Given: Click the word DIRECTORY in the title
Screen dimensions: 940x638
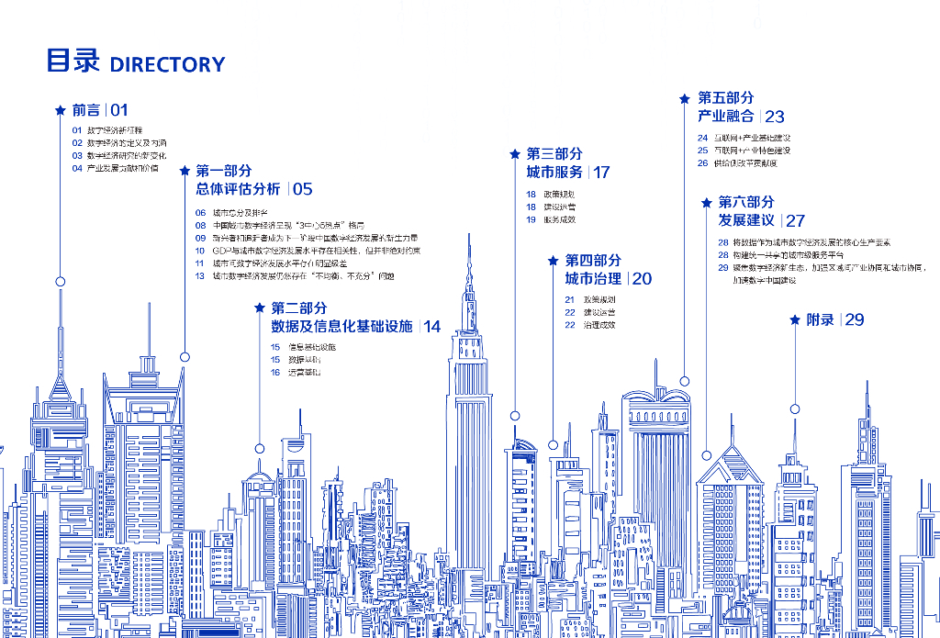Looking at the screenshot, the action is [x=167, y=64].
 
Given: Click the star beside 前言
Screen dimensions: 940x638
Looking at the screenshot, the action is [x=61, y=110].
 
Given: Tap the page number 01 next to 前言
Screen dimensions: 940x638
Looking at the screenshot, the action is [x=119, y=110].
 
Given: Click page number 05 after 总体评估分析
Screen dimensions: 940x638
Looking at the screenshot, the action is [x=302, y=189].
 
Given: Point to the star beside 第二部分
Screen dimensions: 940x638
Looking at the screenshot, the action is [x=260, y=308].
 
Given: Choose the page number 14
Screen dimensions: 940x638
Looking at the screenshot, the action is [x=431, y=326].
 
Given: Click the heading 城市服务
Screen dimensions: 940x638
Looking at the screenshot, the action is [x=554, y=172].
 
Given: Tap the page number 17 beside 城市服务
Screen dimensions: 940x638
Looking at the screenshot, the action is [x=601, y=172].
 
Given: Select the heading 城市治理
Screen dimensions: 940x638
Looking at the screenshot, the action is [x=593, y=278].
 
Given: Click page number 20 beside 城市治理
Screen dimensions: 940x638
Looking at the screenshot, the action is [x=642, y=278].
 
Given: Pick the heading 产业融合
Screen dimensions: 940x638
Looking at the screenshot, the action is [x=726, y=117].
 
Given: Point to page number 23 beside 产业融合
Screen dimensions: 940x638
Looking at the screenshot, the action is [x=775, y=117].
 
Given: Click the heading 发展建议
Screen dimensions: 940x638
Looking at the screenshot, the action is [x=746, y=220].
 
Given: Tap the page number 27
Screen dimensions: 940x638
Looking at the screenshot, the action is [x=795, y=220].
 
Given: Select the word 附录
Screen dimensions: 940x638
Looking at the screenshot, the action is [x=821, y=319].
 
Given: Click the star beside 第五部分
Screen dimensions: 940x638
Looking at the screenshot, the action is [x=684, y=98].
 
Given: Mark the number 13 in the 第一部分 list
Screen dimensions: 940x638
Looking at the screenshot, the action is [x=200, y=275].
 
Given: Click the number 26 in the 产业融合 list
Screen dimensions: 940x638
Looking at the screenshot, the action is [x=702, y=163].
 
